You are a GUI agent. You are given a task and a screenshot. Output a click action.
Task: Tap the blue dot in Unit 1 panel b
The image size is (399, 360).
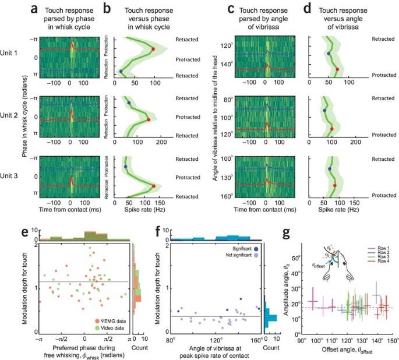pyautogui.click(x=121, y=72)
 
